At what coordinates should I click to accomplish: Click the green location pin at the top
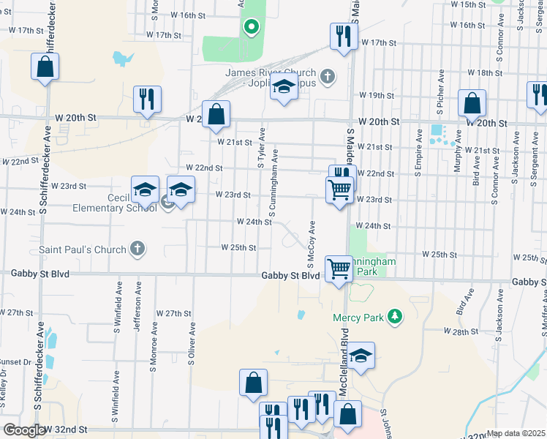[251, 28]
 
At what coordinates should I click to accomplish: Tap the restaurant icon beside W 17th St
[340, 36]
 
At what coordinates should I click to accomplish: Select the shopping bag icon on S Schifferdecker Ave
[45, 67]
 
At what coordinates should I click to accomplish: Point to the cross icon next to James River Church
[328, 75]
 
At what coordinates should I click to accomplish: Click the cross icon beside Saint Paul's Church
[136, 249]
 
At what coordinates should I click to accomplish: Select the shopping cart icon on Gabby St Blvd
[339, 269]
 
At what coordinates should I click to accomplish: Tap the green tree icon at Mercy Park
[396, 316]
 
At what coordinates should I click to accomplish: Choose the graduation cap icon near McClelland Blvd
[361, 356]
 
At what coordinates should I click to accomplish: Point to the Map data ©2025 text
[516, 433]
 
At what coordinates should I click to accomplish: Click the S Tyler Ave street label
[260, 152]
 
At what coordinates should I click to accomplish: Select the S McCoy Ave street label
[311, 244]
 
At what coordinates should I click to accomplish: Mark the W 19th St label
[377, 96]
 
